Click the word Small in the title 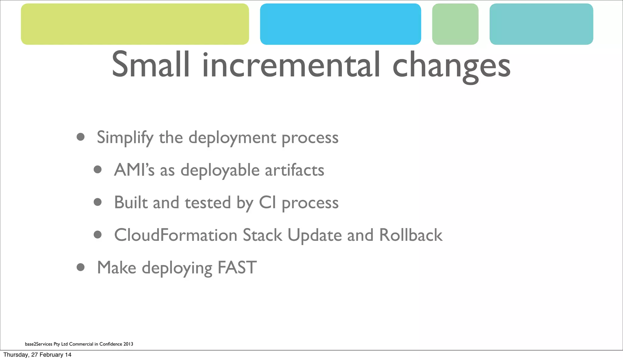150,65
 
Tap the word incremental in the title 291,65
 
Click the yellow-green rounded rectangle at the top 135,24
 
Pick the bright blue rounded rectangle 340,24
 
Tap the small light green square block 455,24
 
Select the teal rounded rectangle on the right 541,24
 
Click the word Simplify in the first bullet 125,138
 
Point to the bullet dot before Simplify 81,137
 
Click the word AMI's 134,170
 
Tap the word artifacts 294,170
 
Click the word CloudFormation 176,235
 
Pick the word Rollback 411,235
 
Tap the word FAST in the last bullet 237,268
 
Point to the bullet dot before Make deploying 81,267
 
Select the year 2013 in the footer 128,344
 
